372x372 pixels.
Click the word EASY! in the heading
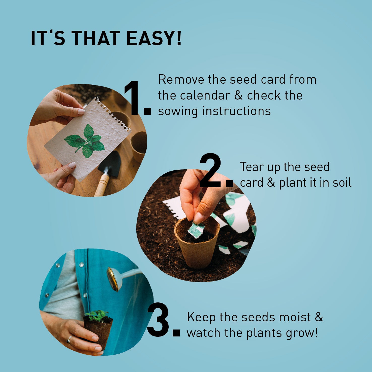[154, 38]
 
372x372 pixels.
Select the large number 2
[211, 171]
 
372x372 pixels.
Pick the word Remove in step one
[181, 80]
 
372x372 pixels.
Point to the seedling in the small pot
[96, 315]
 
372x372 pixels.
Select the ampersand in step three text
[319, 317]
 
